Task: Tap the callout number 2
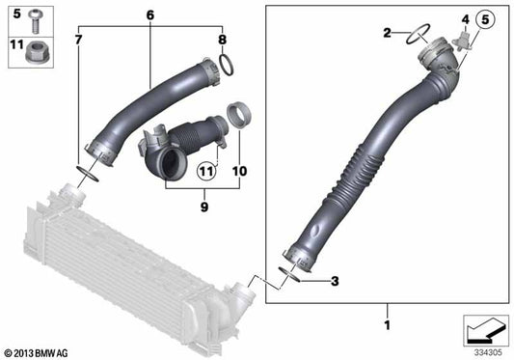tap(388, 33)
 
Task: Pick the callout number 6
tap(149, 16)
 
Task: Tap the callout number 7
tap(79, 40)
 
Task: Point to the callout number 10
tap(240, 171)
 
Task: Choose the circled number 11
tap(204, 172)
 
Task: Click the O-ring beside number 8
tap(226, 66)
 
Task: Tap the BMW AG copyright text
tap(37, 352)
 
